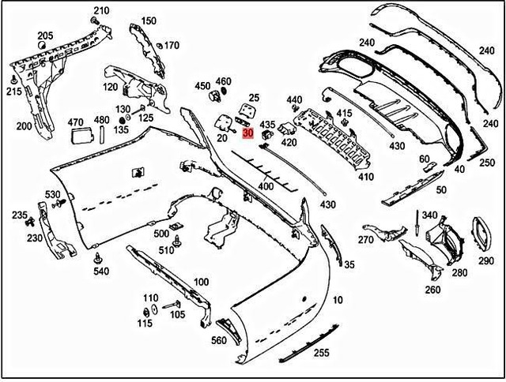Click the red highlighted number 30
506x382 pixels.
click(248, 133)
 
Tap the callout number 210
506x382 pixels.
click(100, 11)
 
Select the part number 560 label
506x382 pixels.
click(217, 341)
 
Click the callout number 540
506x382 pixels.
click(100, 272)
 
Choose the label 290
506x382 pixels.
click(485, 261)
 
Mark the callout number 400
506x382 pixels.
click(266, 186)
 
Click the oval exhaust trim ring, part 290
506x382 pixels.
click(481, 231)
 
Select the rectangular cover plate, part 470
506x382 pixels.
click(81, 137)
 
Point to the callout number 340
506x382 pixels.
click(429, 215)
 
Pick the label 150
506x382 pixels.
click(149, 21)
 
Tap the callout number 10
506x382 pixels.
click(338, 301)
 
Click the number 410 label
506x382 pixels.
click(365, 177)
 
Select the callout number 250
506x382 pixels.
click(486, 162)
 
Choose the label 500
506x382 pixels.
click(161, 234)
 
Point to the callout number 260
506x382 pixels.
click(432, 290)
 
